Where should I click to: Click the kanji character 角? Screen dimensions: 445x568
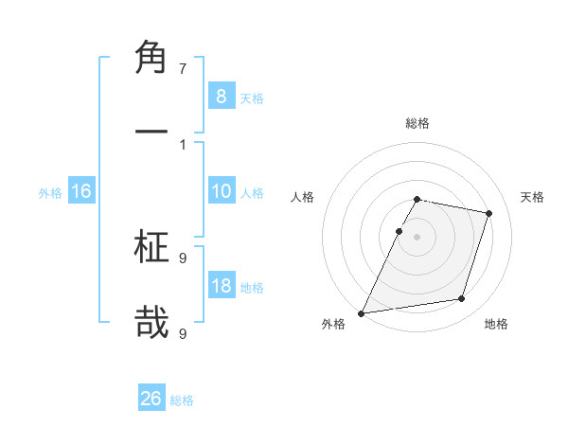pos(151,58)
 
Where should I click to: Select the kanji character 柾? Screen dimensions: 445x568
pos(151,248)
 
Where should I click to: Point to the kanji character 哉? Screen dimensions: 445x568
pos(151,321)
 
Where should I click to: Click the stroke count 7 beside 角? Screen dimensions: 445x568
pos(183,68)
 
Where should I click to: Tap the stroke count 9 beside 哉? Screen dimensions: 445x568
pos(183,332)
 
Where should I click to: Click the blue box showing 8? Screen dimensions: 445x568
pos(221,96)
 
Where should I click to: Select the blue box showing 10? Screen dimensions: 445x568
pos(221,191)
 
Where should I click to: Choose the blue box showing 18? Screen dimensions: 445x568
pos(221,286)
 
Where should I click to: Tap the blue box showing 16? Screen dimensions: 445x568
pos(81,191)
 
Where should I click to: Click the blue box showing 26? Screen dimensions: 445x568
pos(151,399)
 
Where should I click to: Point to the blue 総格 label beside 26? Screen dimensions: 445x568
pos(183,400)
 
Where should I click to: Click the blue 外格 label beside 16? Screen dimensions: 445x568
pos(50,193)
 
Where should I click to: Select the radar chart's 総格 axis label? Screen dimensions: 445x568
pos(417,123)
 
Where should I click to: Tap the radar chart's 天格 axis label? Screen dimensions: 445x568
pos(532,197)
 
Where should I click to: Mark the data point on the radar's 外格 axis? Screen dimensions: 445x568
pos(361,312)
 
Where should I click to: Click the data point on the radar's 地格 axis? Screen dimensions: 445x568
pos(462,299)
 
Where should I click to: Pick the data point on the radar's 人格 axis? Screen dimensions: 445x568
pos(399,231)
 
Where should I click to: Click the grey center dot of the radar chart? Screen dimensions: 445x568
pos(417,237)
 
